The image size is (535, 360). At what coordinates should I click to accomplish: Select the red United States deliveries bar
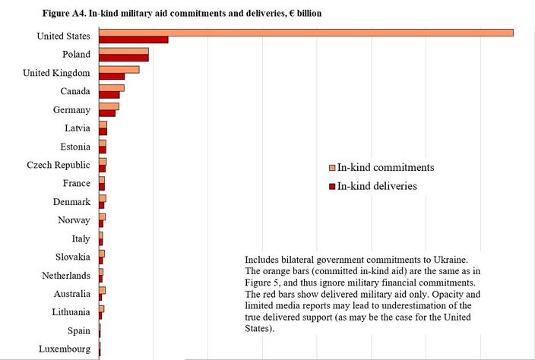133,39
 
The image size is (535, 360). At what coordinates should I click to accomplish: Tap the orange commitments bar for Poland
123,51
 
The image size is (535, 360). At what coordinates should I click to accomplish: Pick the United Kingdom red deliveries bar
111,76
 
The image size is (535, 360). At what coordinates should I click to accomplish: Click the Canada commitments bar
111,88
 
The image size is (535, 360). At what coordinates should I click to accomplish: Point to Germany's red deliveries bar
106,113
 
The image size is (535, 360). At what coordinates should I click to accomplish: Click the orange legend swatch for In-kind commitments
332,168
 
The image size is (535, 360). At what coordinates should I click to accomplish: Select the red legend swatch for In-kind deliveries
332,185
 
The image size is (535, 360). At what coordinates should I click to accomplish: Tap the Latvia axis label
78,128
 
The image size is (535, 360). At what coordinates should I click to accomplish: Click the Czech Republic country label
59,165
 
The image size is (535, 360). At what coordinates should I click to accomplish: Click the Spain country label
78,331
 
